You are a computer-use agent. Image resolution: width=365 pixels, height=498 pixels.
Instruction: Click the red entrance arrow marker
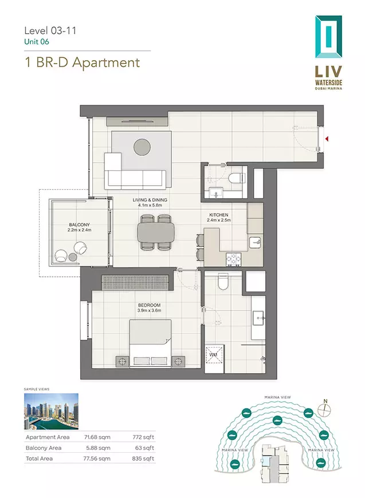[327, 139]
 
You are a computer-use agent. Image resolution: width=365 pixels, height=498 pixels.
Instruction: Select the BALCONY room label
[80, 225]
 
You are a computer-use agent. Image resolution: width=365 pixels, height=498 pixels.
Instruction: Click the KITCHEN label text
[218, 215]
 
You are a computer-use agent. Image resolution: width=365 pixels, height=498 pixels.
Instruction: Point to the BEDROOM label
[150, 305]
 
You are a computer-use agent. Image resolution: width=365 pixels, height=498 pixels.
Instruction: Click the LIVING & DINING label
[150, 200]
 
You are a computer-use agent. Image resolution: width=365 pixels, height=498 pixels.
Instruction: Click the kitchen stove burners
[233, 260]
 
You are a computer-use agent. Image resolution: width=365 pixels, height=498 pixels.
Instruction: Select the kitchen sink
[256, 242]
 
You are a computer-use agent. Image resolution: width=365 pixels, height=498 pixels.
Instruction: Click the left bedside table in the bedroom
[122, 362]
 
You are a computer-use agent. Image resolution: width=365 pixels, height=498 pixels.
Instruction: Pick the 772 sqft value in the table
[143, 437]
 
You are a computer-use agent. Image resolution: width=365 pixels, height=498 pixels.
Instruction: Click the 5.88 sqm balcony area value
[98, 448]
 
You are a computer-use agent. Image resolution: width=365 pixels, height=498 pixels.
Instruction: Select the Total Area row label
[40, 458]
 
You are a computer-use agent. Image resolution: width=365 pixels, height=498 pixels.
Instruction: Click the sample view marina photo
[51, 411]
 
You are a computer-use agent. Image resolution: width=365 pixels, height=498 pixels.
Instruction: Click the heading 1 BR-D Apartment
[83, 62]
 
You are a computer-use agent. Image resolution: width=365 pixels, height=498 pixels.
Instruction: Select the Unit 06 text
[37, 42]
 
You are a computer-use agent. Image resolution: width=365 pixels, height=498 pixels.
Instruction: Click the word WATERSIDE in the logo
[328, 83]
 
